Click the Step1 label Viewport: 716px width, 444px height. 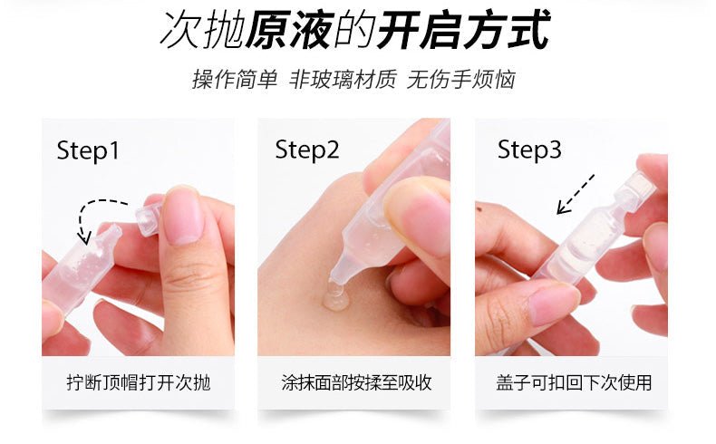click(x=88, y=151)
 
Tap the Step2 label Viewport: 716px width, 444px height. click(x=307, y=150)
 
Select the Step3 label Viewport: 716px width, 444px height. click(x=529, y=150)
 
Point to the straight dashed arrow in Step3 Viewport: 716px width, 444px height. click(x=576, y=194)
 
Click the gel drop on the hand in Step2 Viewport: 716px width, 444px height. click(x=336, y=298)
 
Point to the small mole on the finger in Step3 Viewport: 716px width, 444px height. click(x=479, y=209)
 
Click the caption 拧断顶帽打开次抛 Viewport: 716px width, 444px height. click(x=139, y=382)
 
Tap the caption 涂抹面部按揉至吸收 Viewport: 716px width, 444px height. click(x=356, y=382)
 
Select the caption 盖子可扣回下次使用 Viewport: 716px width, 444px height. click(x=574, y=382)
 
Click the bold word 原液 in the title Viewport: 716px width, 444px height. click(x=287, y=30)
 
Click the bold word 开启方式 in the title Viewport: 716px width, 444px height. click(x=464, y=30)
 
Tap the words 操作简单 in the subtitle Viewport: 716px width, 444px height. click(x=235, y=80)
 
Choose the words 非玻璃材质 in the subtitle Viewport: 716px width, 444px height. click(x=343, y=80)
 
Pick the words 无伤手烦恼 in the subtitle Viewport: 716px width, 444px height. click(x=460, y=80)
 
